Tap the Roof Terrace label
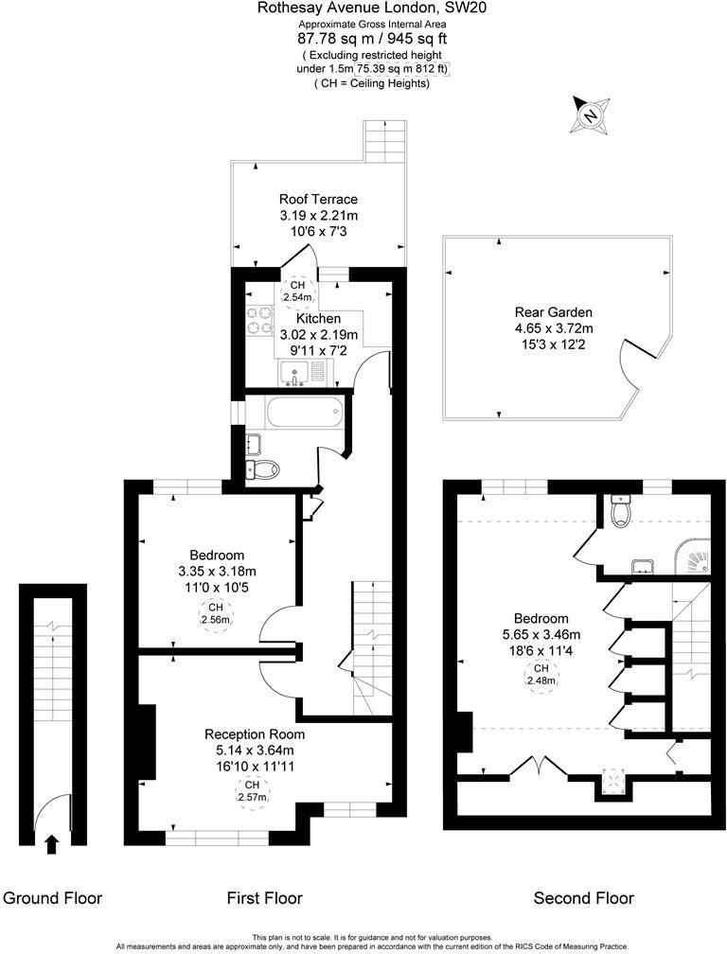(318, 199)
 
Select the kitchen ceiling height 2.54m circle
(298, 291)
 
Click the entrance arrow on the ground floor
(51, 843)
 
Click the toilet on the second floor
(621, 511)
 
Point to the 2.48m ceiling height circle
(541, 674)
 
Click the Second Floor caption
(584, 897)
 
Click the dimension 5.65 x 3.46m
(541, 634)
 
